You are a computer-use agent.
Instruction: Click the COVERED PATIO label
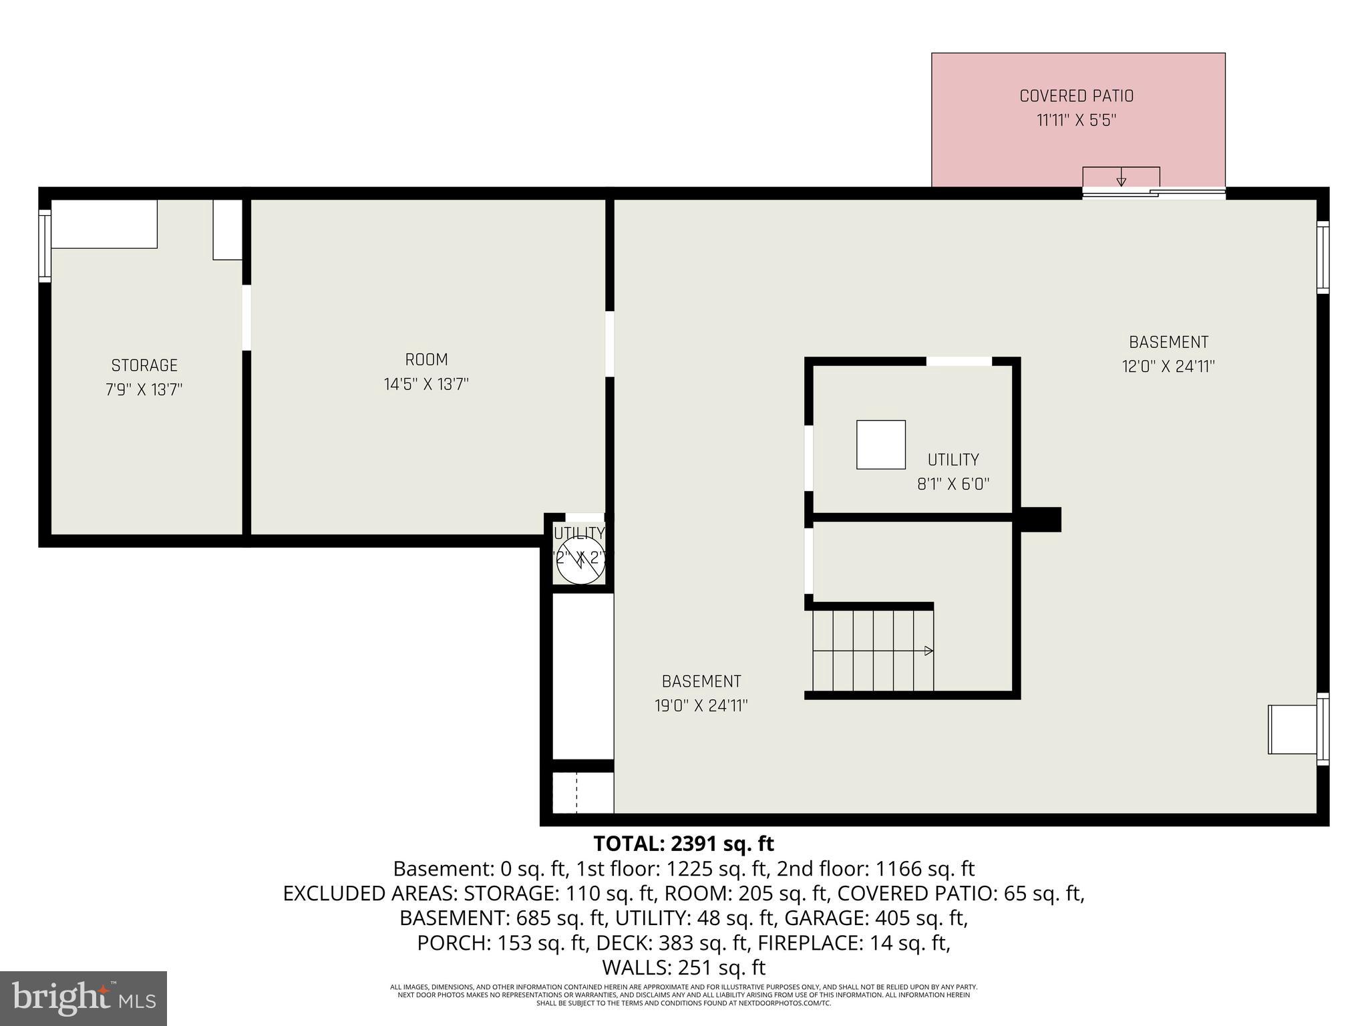pyautogui.click(x=1076, y=96)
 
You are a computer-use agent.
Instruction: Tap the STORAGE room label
pyautogui.click(x=144, y=365)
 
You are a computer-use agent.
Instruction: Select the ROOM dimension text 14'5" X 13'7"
pyautogui.click(x=426, y=385)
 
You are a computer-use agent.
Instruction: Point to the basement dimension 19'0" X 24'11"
pyautogui.click(x=701, y=706)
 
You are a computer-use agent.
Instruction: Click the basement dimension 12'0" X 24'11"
pyautogui.click(x=1168, y=367)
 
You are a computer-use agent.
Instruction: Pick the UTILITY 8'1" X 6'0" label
pyautogui.click(x=953, y=472)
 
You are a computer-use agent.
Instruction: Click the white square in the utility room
pyautogui.click(x=881, y=445)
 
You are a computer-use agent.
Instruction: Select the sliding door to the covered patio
pyautogui.click(x=1154, y=194)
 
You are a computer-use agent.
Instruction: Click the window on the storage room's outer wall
pyautogui.click(x=45, y=245)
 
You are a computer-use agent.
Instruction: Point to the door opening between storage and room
pyautogui.click(x=246, y=317)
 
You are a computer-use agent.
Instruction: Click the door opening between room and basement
pyautogui.click(x=609, y=343)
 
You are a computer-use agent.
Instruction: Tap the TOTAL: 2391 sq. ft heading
pyautogui.click(x=683, y=844)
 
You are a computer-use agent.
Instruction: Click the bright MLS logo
pyautogui.click(x=83, y=998)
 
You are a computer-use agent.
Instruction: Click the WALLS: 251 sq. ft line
pyautogui.click(x=683, y=967)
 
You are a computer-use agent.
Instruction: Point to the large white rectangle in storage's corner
pyautogui.click(x=104, y=224)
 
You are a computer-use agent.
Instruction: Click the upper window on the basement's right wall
pyautogui.click(x=1323, y=256)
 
